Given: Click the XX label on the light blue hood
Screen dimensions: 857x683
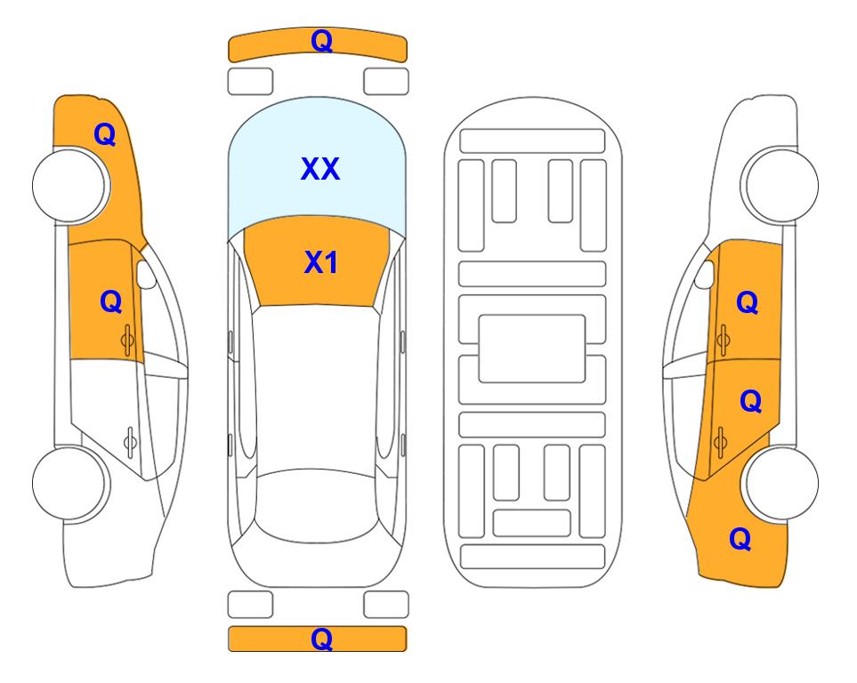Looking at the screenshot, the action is click(x=320, y=169).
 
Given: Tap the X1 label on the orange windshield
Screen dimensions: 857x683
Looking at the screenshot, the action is click(x=321, y=262).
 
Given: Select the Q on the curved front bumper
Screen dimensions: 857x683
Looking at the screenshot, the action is click(x=321, y=40).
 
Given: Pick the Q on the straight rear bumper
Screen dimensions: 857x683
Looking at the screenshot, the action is click(x=321, y=639).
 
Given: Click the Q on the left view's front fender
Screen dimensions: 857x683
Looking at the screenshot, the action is click(x=105, y=134).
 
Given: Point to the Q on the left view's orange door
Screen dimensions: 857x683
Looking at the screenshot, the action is click(x=111, y=301).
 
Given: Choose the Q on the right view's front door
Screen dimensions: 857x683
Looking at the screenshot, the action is click(x=748, y=302).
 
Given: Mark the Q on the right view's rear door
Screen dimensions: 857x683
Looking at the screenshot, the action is click(x=750, y=401).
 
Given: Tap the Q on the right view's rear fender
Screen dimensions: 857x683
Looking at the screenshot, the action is click(x=740, y=539).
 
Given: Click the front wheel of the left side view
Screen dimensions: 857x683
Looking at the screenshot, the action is click(x=69, y=185).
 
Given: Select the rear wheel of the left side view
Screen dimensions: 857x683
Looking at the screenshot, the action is click(x=69, y=483).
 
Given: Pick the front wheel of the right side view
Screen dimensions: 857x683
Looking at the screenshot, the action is click(x=781, y=185).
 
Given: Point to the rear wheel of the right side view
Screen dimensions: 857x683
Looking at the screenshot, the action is click(x=782, y=483).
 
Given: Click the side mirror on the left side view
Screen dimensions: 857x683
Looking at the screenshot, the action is click(x=146, y=274).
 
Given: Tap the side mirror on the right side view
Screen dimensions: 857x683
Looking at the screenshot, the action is click(x=705, y=274).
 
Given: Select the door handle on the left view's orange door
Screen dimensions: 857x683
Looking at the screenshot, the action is click(x=128, y=340).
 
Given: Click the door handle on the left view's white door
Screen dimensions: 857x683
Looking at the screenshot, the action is click(x=130, y=441).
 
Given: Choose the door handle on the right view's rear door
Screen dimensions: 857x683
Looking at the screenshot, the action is click(x=720, y=441).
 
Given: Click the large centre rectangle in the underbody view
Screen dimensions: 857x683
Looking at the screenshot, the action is click(x=532, y=349).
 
